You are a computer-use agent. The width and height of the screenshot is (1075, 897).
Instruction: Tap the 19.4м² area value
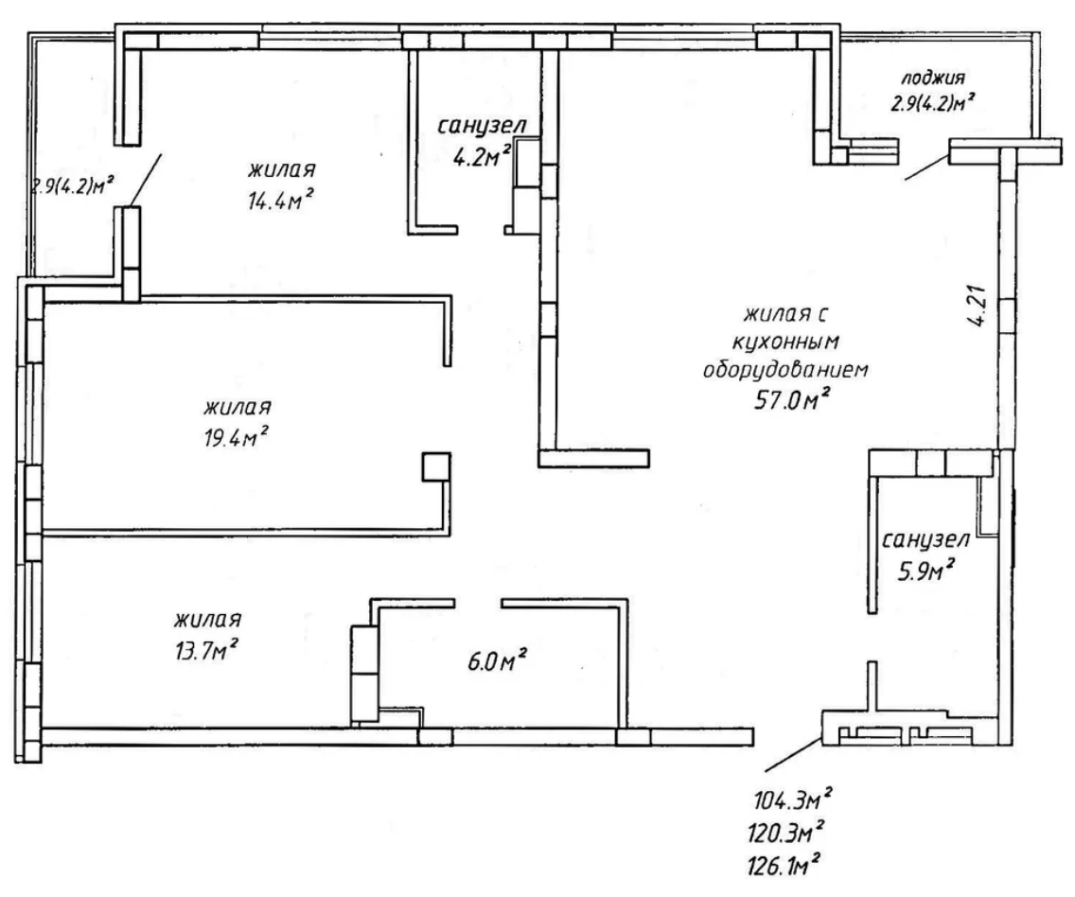[x=235, y=437]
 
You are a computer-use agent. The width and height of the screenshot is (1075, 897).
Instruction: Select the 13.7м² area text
[x=207, y=650]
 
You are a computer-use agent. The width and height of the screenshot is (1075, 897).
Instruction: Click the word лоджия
[x=933, y=78]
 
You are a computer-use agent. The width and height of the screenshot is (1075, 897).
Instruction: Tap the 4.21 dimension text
[x=979, y=305]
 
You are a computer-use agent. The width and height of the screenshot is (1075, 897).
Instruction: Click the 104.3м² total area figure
[x=794, y=799]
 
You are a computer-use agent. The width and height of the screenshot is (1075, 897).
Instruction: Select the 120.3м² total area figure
[x=786, y=833]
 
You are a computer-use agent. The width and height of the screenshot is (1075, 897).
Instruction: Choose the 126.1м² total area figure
[x=784, y=866]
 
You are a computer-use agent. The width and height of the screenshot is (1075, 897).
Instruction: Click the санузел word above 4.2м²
[x=483, y=126]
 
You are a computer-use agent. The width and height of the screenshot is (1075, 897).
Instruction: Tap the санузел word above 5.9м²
[x=925, y=540]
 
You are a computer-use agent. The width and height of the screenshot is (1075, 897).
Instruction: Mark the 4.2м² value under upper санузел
[x=482, y=156]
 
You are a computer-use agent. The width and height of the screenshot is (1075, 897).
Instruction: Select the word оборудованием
[x=785, y=370]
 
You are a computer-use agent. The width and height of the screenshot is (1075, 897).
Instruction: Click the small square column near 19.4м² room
[x=436, y=466]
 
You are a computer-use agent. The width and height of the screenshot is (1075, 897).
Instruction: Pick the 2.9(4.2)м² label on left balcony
[x=71, y=185]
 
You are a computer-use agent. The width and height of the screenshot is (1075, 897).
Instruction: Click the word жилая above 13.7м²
[x=207, y=620]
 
